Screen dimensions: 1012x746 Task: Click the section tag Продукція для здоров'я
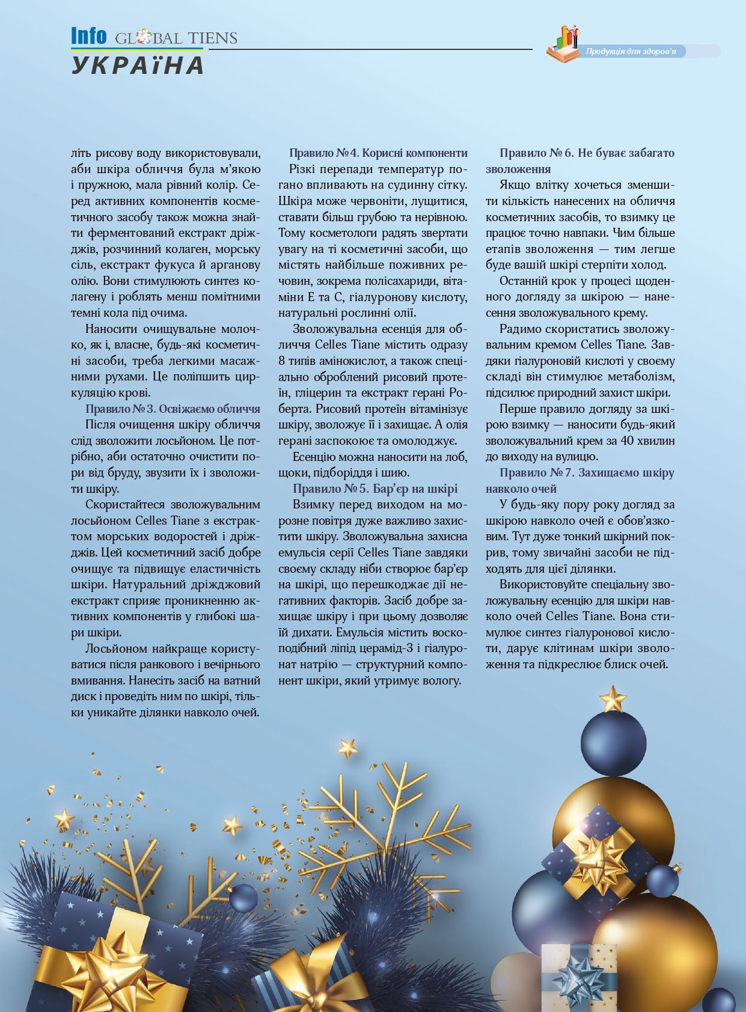(x=631, y=52)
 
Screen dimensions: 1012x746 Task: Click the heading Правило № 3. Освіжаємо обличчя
(x=173, y=409)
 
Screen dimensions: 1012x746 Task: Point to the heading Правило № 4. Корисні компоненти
(x=378, y=153)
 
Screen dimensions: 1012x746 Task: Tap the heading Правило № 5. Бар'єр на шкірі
(x=375, y=489)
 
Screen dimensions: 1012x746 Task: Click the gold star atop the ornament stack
(x=613, y=698)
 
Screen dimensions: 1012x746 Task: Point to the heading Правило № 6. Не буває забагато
(x=587, y=153)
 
